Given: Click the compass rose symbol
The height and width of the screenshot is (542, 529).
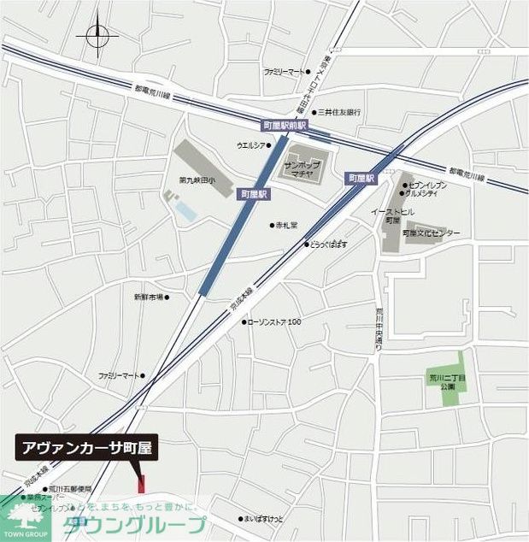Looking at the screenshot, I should pyautogui.click(x=97, y=36).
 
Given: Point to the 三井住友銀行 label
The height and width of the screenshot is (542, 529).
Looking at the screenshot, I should pyautogui.click(x=339, y=112).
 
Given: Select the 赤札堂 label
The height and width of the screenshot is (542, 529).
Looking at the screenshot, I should pyautogui.click(x=285, y=225).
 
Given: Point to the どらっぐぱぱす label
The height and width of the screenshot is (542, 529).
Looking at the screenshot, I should pyautogui.click(x=329, y=244).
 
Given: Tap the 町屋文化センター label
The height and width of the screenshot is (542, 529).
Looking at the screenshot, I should pyautogui.click(x=432, y=233).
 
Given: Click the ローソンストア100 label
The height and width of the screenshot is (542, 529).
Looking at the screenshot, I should pyautogui.click(x=276, y=321).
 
